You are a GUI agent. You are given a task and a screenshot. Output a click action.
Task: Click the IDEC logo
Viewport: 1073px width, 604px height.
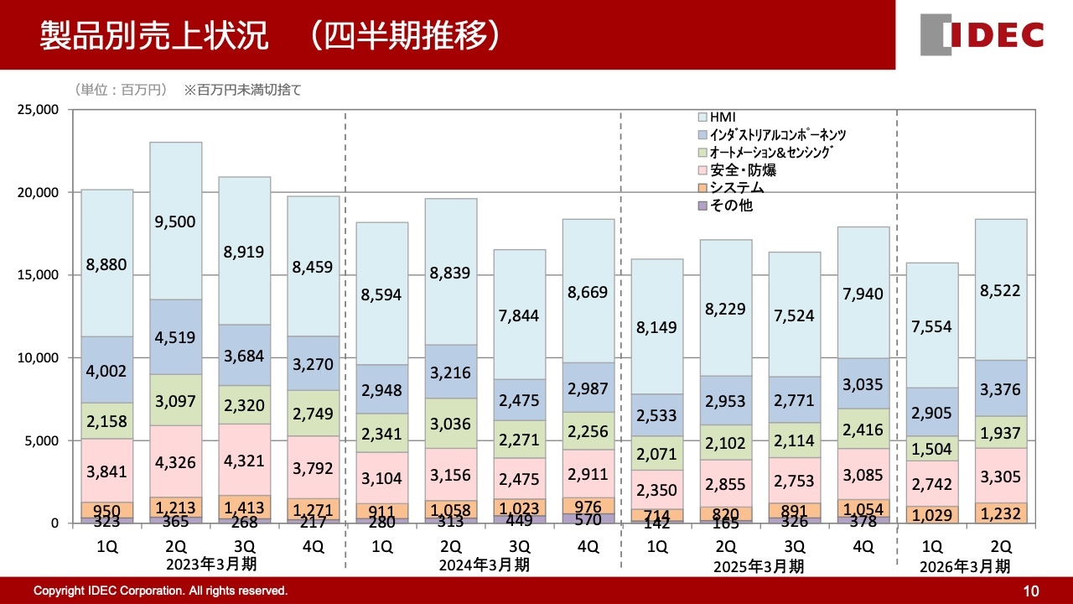pyautogui.click(x=982, y=35)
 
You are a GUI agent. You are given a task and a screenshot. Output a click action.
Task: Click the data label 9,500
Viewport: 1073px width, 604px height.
pyautogui.click(x=176, y=222)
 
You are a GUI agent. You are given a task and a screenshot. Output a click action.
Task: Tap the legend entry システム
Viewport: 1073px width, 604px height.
pyautogui.click(x=736, y=188)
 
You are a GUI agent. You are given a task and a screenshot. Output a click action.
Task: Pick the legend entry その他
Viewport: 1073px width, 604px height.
pyautogui.click(x=730, y=206)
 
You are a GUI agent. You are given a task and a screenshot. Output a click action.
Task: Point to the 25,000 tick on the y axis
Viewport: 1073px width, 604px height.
pyautogui.click(x=37, y=110)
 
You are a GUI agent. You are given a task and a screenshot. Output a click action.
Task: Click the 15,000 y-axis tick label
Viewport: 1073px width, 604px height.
pyautogui.click(x=37, y=275)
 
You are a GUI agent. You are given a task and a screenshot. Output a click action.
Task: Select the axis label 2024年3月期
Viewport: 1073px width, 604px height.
pyautogui.click(x=485, y=565)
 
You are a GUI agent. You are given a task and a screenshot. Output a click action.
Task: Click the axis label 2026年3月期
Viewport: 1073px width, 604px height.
pyautogui.click(x=965, y=566)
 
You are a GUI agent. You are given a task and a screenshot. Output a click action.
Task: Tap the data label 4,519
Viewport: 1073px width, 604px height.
pyautogui.click(x=176, y=338)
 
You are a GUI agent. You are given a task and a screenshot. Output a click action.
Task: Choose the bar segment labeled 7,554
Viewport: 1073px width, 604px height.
pyautogui.click(x=931, y=326)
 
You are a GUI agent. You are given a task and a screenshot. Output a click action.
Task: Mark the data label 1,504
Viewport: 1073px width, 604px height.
pyautogui.click(x=931, y=447)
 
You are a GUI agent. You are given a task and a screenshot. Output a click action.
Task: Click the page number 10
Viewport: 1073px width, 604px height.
pyautogui.click(x=1031, y=591)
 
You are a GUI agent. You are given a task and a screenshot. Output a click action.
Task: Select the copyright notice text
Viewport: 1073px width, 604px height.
pyautogui.click(x=160, y=591)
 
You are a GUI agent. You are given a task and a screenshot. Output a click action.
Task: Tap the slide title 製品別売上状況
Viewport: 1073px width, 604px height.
pyautogui.click(x=155, y=36)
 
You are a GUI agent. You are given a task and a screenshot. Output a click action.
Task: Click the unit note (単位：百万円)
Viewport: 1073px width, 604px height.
pyautogui.click(x=121, y=90)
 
